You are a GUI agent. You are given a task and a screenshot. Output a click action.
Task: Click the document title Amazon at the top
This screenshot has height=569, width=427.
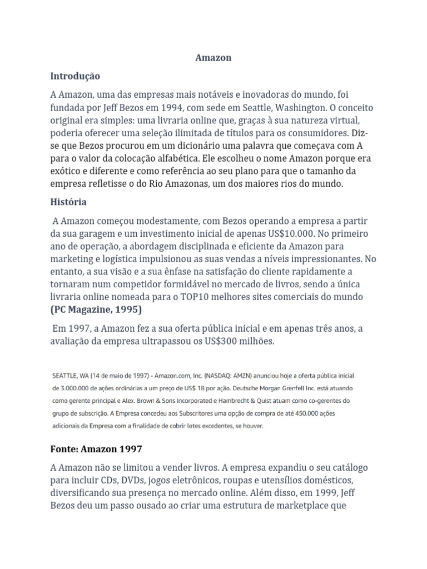[x=213, y=58]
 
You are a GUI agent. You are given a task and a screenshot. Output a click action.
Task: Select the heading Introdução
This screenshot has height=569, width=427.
[x=75, y=76]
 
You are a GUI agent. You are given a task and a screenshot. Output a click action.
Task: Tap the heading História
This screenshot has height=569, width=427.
[x=68, y=202]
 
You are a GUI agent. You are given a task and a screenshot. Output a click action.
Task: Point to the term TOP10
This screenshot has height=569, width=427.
[x=206, y=297]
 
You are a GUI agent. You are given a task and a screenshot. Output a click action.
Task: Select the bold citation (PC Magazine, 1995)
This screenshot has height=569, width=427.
[x=96, y=310]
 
